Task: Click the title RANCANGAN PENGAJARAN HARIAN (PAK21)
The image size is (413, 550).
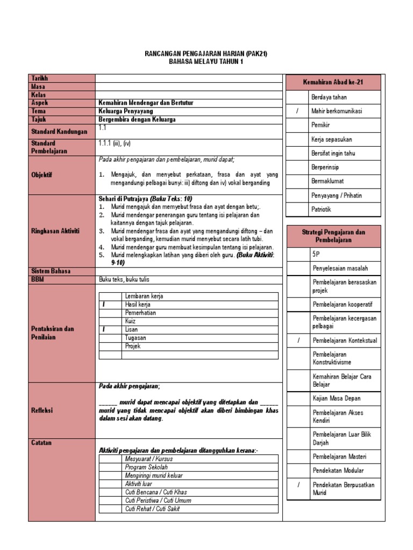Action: tap(206, 54)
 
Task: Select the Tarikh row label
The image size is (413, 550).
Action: tap(40, 78)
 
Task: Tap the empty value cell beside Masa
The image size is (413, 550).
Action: tap(188, 86)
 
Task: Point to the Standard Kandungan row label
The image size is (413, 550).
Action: tap(59, 132)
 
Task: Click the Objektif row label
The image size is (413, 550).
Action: tap(42, 175)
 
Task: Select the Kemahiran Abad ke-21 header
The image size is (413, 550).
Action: tap(333, 83)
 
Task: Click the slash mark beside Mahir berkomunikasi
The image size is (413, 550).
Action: tap(297, 111)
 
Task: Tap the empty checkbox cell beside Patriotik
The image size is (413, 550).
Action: tap(297, 209)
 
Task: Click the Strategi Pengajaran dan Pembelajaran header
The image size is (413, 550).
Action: tap(333, 236)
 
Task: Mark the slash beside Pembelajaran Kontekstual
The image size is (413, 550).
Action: tap(297, 341)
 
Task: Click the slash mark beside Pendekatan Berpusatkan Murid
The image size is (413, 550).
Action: tap(297, 484)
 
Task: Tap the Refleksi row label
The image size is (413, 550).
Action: tap(42, 410)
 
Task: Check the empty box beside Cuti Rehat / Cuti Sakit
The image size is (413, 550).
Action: tap(110, 509)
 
